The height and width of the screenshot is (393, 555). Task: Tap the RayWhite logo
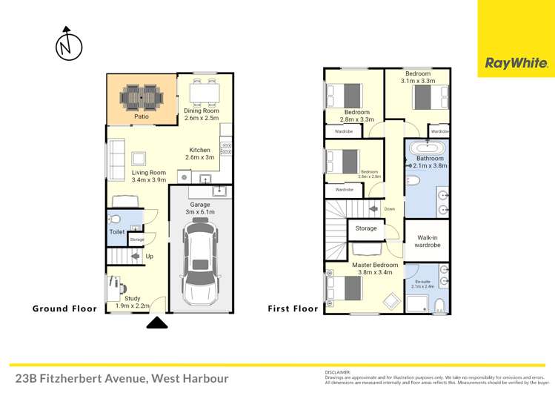coord(516,64)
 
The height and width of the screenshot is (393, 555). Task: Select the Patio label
coord(141,116)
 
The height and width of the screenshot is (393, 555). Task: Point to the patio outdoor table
coord(141,96)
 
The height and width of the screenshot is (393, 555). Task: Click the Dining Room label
coord(202,114)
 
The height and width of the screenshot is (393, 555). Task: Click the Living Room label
coord(148,176)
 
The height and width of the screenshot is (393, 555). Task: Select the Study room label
coord(133,302)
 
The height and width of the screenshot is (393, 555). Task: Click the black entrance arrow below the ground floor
coord(157,323)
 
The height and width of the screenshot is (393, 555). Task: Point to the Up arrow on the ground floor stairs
coord(140,257)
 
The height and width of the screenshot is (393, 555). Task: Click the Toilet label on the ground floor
coord(117,232)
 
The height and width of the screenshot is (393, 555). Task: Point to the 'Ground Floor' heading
coord(64,308)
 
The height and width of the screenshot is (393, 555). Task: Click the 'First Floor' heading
coord(293,308)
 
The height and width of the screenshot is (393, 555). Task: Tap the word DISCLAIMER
coord(338,372)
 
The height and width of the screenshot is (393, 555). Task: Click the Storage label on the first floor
coord(366,228)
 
